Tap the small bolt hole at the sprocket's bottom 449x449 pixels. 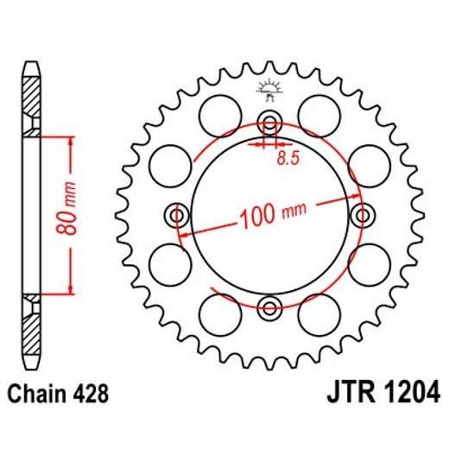[x=269, y=307]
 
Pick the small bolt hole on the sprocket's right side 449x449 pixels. [x=363, y=213]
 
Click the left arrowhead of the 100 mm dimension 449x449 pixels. [x=183, y=233]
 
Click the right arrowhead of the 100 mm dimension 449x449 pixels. [x=356, y=197]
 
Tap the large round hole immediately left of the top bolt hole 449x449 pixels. [x=219, y=112]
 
